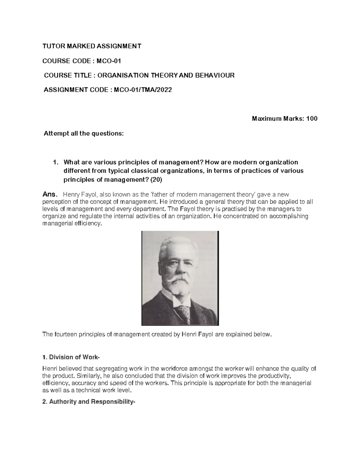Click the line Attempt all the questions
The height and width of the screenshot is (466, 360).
pos(84,134)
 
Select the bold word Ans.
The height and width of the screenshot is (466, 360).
pos(49,194)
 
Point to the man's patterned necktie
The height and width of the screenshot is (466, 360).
pos(183,312)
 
